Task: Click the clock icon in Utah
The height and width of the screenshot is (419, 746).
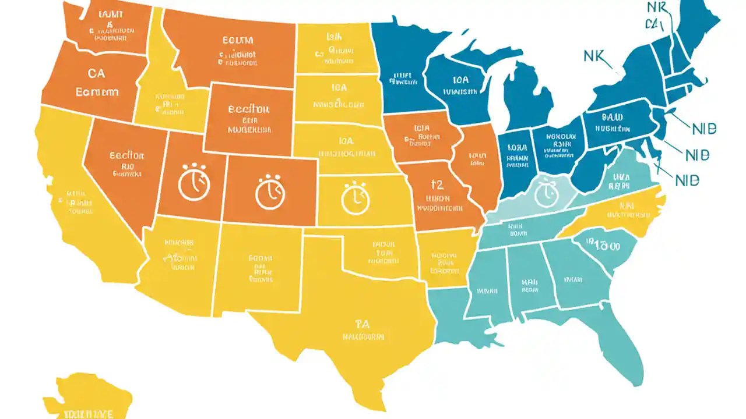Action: point(192,183)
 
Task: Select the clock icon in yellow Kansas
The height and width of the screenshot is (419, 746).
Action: point(356,198)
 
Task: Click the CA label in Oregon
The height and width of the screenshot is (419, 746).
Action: point(97,74)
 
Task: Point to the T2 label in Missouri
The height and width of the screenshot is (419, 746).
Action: point(437,185)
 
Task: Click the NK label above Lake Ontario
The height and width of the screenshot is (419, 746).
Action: point(595,56)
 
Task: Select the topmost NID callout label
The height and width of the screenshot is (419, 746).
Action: point(704,129)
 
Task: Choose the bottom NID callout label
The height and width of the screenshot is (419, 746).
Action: point(687,180)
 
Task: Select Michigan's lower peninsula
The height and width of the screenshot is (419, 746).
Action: point(525,99)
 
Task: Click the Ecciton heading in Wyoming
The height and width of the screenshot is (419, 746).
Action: point(248,109)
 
